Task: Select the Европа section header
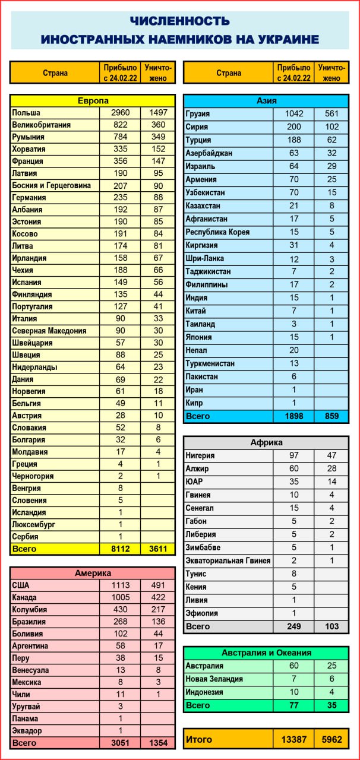pos(93,101)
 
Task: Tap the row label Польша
pos(26,113)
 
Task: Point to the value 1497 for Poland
pos(158,113)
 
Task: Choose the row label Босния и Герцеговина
pos(52,185)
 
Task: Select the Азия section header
pos(266,101)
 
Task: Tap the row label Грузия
pos(198,114)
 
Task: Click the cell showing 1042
pos(293,114)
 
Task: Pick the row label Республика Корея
pos(217,232)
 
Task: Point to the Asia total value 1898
pos(293,416)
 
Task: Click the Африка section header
pos(266,443)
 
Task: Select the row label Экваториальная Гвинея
pos(228,560)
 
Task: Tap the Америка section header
pos(93,574)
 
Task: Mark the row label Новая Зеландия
pos(214,679)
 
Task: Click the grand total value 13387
pos(293,740)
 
